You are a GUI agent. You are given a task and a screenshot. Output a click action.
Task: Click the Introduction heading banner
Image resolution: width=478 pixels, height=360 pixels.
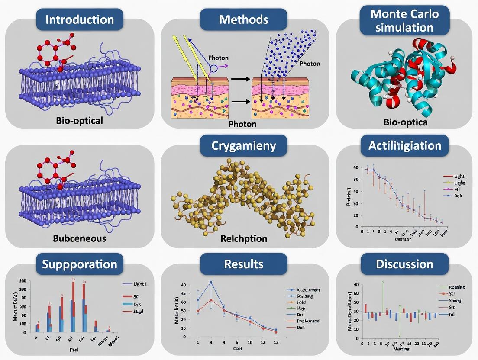point(80,19)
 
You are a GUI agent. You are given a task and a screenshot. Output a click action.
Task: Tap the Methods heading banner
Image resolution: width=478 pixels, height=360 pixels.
point(243,19)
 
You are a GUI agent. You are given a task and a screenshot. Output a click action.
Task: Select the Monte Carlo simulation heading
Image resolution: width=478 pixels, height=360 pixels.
point(405,20)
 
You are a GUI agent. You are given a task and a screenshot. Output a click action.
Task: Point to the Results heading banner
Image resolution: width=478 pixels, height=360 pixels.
point(243,264)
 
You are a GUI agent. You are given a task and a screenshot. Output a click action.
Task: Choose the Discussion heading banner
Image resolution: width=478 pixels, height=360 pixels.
point(405,264)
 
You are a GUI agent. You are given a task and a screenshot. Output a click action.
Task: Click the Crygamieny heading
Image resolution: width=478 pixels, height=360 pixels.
point(243,145)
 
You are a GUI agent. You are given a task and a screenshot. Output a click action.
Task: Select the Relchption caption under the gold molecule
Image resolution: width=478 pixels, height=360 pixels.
point(243,238)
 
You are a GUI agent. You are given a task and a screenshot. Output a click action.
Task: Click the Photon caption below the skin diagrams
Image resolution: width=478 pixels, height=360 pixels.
point(242,124)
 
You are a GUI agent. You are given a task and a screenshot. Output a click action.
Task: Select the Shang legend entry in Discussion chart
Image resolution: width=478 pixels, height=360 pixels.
point(455,301)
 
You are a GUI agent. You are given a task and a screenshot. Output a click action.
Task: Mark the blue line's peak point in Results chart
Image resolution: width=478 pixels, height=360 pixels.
point(211,282)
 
